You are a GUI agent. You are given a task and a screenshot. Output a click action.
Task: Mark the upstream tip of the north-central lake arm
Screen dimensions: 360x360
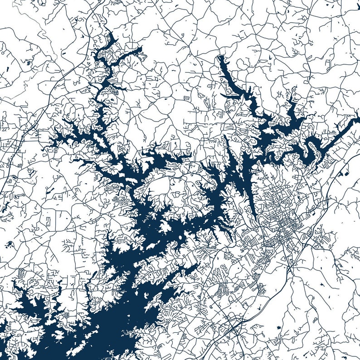click(220, 57)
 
